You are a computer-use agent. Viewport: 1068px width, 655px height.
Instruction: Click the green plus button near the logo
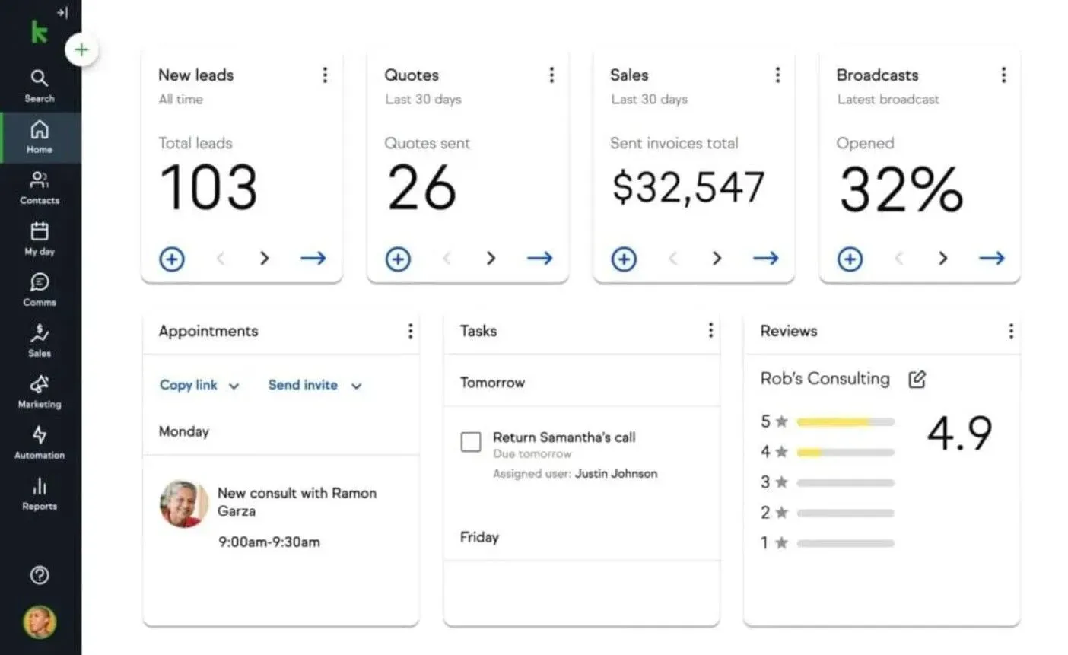[81, 50]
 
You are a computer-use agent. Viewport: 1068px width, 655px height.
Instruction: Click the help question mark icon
[40, 575]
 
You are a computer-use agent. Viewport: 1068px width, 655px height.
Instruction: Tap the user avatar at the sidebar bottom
[40, 622]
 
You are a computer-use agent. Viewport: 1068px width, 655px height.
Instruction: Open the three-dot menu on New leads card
[325, 75]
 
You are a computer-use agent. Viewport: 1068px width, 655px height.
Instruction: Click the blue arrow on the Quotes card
[539, 259]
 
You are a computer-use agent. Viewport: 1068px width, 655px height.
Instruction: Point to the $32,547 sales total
[688, 188]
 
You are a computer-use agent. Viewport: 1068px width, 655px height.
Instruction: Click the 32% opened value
[901, 189]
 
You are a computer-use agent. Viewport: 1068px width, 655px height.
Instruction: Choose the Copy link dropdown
[199, 385]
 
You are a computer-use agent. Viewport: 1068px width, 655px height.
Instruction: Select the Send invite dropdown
[314, 385]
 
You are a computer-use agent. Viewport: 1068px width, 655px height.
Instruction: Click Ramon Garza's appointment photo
[184, 504]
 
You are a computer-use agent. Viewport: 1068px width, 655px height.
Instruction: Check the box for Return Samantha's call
[471, 441]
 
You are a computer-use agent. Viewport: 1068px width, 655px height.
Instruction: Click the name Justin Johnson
[615, 473]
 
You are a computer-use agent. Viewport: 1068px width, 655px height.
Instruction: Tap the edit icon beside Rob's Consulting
[917, 379]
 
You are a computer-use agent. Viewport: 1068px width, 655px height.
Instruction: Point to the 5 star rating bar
[845, 421]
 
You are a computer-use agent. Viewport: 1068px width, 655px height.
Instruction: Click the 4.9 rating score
[959, 433]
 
